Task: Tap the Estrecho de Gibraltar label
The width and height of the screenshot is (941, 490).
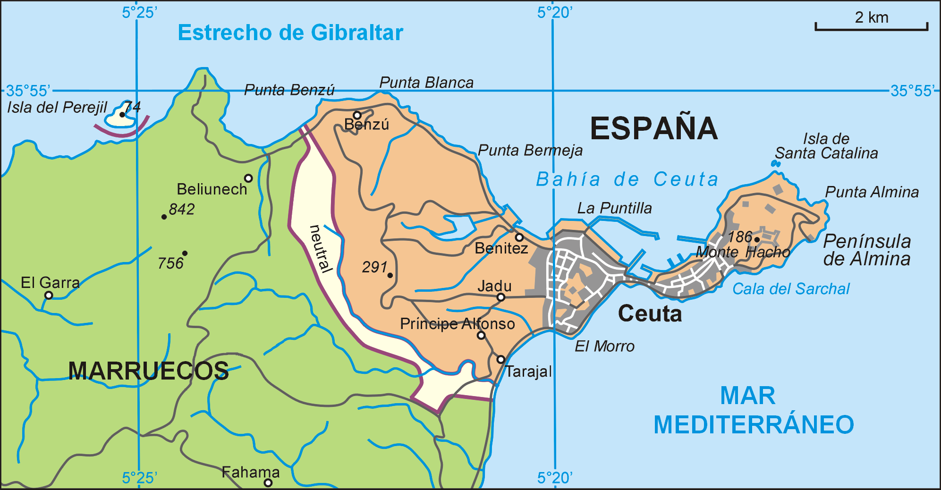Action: pyautogui.click(x=290, y=33)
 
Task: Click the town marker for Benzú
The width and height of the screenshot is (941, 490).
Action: pyautogui.click(x=357, y=115)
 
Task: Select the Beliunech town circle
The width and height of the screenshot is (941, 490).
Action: pyautogui.click(x=248, y=178)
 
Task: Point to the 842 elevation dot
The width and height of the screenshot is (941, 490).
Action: pyautogui.click(x=164, y=217)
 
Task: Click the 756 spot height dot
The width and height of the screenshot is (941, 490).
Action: pyautogui.click(x=185, y=253)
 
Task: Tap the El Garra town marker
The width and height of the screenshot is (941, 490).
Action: pyautogui.click(x=49, y=296)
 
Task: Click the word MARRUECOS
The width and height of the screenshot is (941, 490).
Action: pyautogui.click(x=148, y=371)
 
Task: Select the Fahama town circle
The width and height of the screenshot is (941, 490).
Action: pyautogui.click(x=268, y=482)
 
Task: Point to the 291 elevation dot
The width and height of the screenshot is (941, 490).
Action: pyautogui.click(x=390, y=275)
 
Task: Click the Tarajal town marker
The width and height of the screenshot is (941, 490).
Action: pyautogui.click(x=501, y=360)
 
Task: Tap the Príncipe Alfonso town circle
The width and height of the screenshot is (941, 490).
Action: pyautogui.click(x=481, y=336)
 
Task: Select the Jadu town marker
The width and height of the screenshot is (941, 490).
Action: pyautogui.click(x=501, y=297)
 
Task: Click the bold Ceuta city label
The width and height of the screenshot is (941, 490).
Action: pyautogui.click(x=650, y=314)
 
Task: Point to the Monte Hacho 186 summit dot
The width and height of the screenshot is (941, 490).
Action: pyautogui.click(x=757, y=239)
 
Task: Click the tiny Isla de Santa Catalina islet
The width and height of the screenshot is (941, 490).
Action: pyautogui.click(x=775, y=163)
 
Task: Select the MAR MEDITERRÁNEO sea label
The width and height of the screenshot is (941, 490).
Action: pyautogui.click(x=754, y=410)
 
